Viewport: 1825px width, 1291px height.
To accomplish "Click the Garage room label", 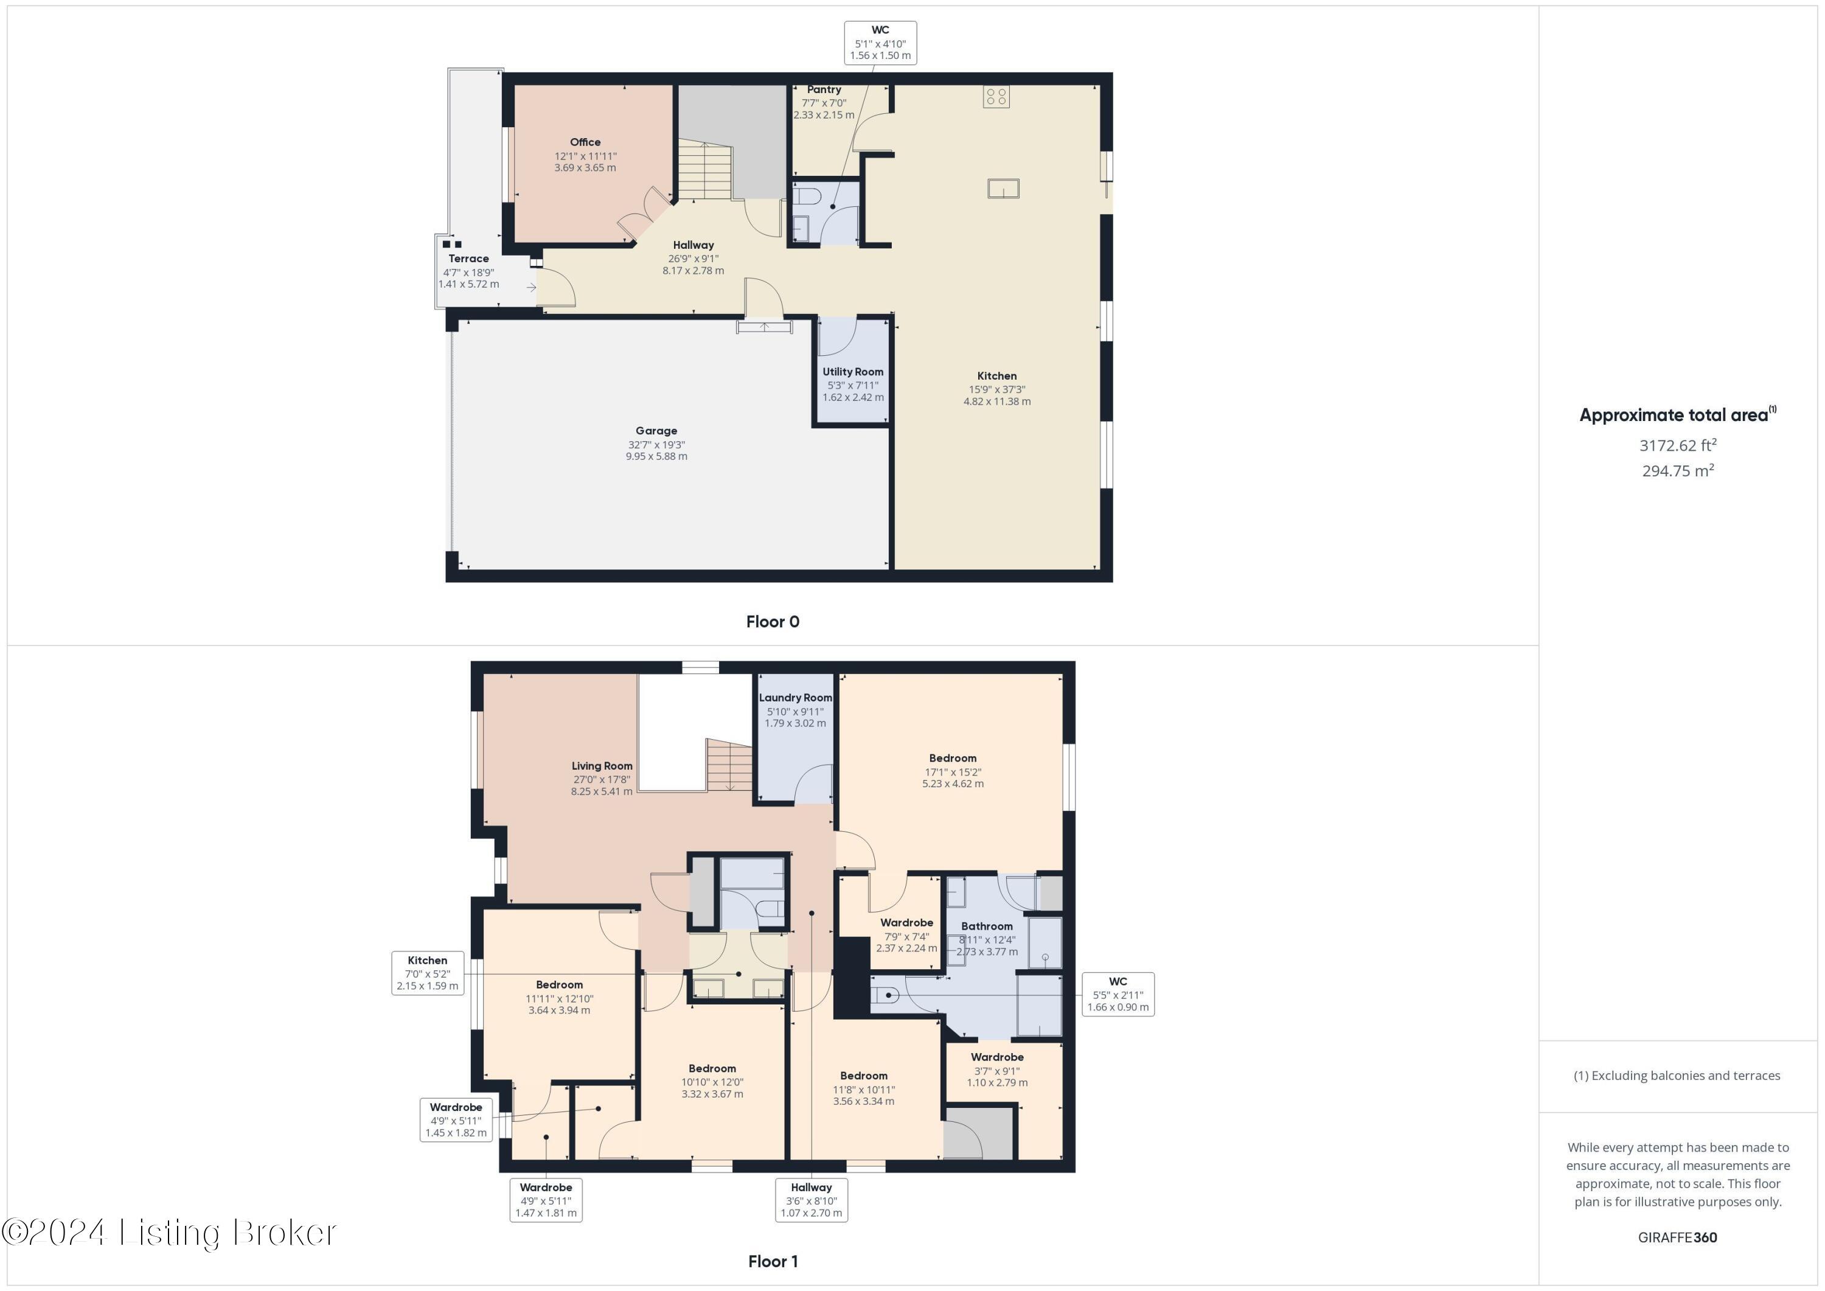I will [656, 431].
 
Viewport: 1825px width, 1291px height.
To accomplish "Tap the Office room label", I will [585, 142].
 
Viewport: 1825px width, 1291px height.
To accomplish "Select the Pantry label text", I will [824, 90].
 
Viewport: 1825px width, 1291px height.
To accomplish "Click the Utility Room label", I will [853, 372].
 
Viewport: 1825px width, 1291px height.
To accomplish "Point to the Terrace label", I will [468, 259].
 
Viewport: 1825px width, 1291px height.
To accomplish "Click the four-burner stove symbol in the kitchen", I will [996, 97].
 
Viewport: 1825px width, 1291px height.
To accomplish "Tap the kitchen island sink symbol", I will [1003, 189].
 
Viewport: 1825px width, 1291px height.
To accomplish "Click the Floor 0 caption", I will [773, 622].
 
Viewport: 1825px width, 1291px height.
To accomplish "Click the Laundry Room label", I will [795, 698].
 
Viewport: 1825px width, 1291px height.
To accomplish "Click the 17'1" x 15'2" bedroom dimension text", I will [952, 772].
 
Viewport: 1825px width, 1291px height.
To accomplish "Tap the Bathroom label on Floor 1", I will [987, 926].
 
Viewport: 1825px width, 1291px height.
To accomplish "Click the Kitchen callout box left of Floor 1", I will [428, 973].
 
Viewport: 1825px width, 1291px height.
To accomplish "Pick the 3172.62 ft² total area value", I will [1677, 445].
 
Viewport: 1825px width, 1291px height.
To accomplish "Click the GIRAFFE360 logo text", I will [1677, 1237].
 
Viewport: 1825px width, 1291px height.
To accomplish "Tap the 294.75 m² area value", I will [1677, 471].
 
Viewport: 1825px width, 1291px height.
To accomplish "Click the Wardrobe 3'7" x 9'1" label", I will [997, 1058].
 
